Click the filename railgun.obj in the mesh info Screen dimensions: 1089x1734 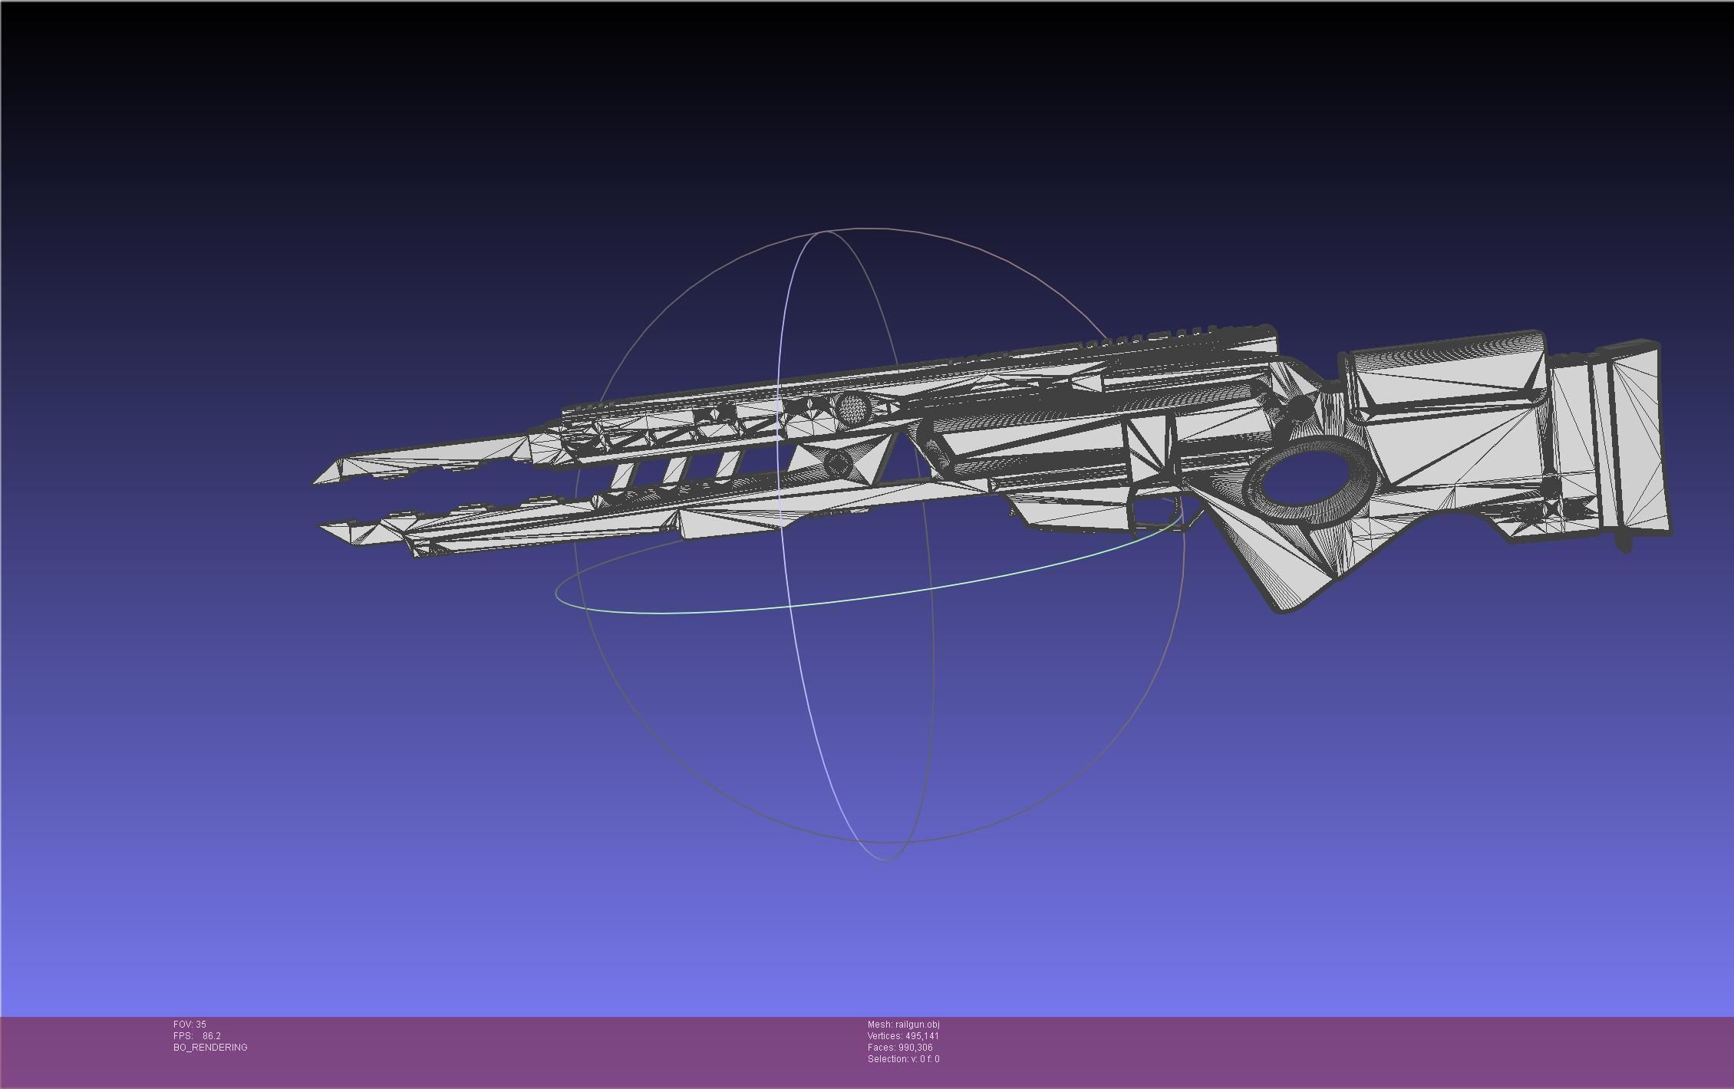pyautogui.click(x=917, y=1025)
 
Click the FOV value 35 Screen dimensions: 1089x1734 pyautogui.click(x=201, y=1025)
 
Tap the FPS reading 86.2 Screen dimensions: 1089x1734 pyautogui.click(x=211, y=1036)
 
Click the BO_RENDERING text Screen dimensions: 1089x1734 pyautogui.click(x=210, y=1048)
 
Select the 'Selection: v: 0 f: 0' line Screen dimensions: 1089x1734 pyautogui.click(x=903, y=1059)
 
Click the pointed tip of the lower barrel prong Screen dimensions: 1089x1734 pyautogui.click(x=322, y=528)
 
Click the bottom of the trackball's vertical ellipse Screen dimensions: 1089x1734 pyautogui.click(x=886, y=859)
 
